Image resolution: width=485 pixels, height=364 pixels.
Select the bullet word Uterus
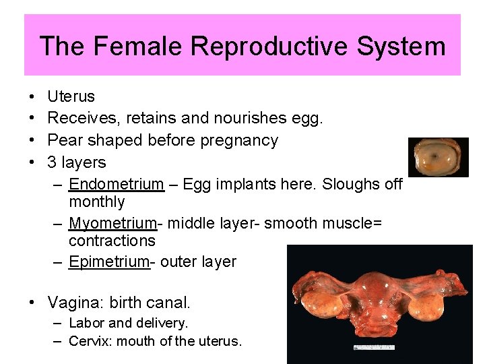pyautogui.click(x=71, y=96)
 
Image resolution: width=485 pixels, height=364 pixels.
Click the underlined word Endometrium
pyautogui.click(x=116, y=184)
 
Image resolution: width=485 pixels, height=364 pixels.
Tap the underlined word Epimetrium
pyautogui.click(x=108, y=262)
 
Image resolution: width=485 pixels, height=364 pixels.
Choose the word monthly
pyautogui.click(x=96, y=202)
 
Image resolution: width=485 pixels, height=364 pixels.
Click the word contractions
pyautogui.click(x=112, y=241)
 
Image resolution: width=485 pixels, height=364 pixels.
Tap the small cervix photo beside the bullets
pyautogui.click(x=439, y=156)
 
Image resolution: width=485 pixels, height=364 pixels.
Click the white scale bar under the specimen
pyautogui.click(x=375, y=347)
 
